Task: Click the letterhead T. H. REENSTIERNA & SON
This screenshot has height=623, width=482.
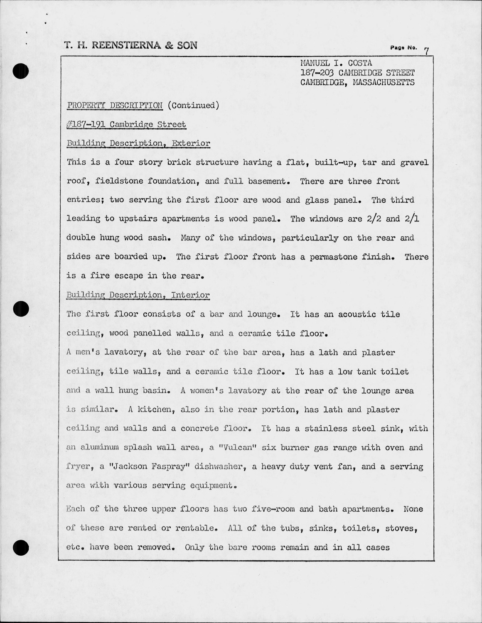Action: [131, 45]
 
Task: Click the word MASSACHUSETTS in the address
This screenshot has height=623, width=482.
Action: [384, 82]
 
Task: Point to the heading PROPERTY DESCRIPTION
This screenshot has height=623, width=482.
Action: [115, 105]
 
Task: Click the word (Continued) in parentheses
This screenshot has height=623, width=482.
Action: [193, 105]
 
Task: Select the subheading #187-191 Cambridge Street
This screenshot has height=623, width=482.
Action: [126, 124]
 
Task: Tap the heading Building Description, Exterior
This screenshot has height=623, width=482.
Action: [138, 143]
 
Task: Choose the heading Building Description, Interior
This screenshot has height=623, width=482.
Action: [138, 295]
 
